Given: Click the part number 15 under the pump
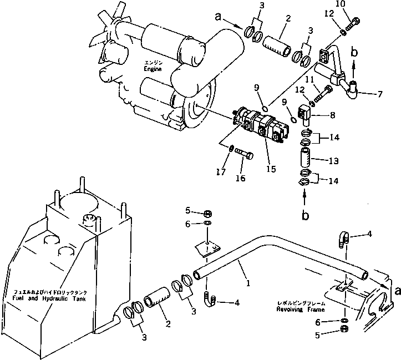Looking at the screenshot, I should pos(271,168).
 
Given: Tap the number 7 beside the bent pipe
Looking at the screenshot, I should pos(380,94).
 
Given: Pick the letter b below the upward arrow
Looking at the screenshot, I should pos(306,214).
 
